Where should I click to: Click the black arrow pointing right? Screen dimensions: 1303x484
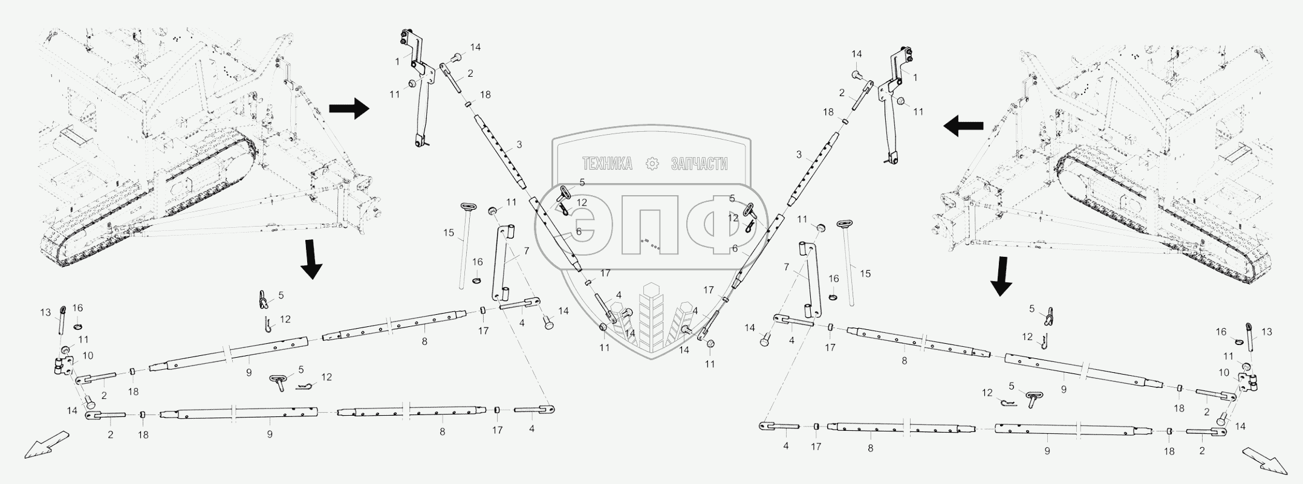pos(349,109)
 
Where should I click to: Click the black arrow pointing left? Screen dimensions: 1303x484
pos(963,126)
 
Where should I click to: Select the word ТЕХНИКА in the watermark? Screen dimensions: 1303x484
pos(606,164)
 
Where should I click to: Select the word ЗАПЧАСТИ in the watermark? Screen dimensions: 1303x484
pos(699,164)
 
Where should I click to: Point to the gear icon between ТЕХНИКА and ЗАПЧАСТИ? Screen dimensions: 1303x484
pos(652,164)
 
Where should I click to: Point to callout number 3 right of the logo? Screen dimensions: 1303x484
pos(799,155)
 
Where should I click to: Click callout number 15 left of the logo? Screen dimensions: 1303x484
pos(448,233)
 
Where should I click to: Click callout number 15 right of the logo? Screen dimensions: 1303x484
pos(865,274)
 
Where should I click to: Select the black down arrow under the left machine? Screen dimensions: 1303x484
pos(311,259)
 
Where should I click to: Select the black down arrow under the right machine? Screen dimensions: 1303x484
pos(1001,276)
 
